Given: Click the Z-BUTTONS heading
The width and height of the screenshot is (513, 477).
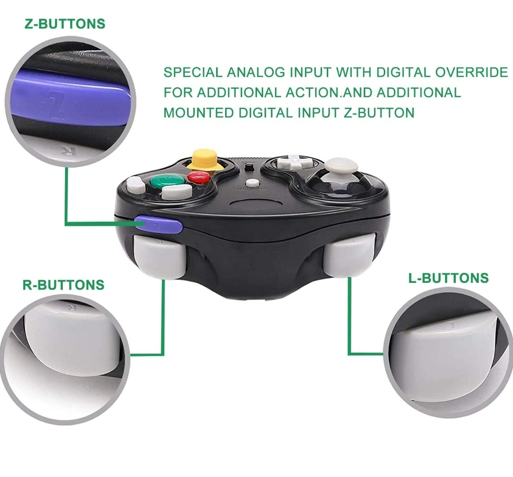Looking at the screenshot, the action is click(65, 24).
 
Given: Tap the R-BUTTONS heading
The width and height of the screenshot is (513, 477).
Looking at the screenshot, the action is click(64, 285).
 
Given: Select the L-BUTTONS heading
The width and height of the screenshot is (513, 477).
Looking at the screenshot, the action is click(448, 278).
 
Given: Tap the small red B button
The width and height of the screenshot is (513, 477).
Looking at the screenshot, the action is click(199, 177).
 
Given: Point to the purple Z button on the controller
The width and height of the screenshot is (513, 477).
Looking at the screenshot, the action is click(159, 224).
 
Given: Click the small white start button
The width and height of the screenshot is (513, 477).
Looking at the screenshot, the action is click(252, 182).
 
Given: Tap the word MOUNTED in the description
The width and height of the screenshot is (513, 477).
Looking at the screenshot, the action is click(198, 113).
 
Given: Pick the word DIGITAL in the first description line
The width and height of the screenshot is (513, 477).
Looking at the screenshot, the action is click(403, 72).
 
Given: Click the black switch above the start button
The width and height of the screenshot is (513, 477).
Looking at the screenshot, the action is click(249, 168).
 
